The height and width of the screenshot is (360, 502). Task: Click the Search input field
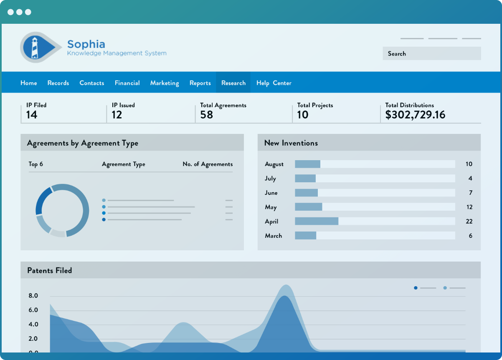click(x=431, y=53)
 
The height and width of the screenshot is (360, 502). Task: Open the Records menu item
click(x=58, y=83)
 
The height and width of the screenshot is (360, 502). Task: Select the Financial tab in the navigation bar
click(x=127, y=83)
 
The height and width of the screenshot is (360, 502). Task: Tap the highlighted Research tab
click(x=233, y=83)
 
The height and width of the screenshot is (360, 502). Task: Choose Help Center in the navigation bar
click(x=274, y=83)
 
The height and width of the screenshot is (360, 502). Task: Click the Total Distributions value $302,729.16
click(x=415, y=115)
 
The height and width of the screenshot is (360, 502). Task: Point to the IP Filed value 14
click(x=32, y=115)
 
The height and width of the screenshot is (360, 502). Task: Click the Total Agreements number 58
click(x=206, y=115)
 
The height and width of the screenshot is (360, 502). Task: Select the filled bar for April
click(x=316, y=221)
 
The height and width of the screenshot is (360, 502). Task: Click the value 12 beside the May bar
click(x=469, y=207)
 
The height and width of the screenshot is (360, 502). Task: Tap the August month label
click(x=274, y=164)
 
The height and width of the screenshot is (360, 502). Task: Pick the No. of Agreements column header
click(x=208, y=164)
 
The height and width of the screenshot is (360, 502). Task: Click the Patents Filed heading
click(x=49, y=270)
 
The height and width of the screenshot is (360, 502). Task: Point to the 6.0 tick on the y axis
click(x=33, y=310)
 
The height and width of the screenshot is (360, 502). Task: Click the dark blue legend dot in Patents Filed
click(x=416, y=288)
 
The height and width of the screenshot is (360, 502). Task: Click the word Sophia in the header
click(x=86, y=44)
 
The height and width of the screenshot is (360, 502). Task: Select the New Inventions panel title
click(x=291, y=143)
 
